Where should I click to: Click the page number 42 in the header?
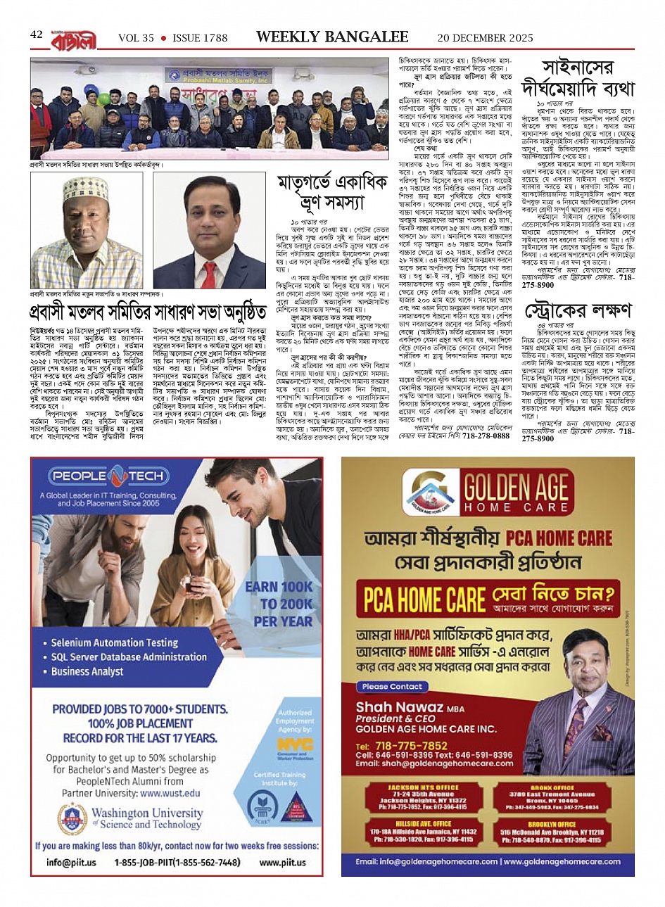[37, 35]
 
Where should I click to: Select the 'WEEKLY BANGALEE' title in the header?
[332, 37]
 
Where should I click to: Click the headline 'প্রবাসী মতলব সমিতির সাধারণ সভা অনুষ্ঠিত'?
[148, 312]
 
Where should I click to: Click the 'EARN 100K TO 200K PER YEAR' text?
[279, 604]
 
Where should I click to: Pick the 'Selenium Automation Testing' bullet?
[114, 642]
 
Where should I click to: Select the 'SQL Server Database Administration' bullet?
[129, 657]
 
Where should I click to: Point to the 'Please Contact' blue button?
[392, 686]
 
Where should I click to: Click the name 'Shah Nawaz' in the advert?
[399, 706]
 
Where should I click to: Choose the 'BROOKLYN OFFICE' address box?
[552, 832]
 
